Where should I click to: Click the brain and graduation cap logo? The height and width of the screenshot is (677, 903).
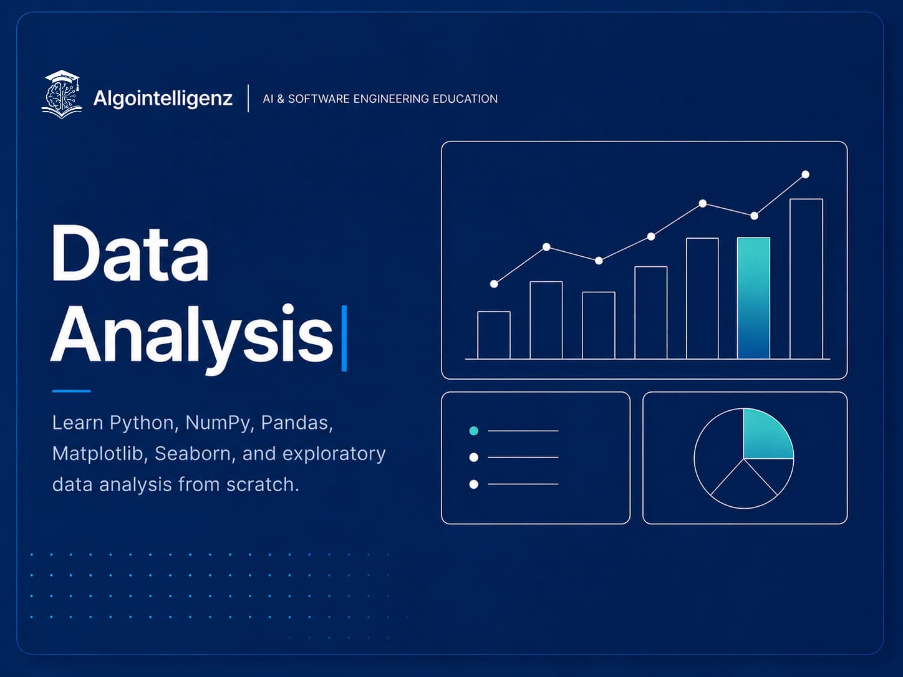click(62, 94)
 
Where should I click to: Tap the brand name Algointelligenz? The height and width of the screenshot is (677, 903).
click(163, 99)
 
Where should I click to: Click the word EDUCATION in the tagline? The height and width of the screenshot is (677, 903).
click(465, 99)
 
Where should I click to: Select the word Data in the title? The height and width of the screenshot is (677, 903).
click(130, 253)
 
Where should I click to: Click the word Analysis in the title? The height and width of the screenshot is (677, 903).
click(191, 338)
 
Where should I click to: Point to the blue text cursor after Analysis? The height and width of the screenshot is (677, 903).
click(344, 338)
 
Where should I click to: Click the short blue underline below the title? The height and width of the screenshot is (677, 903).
click(71, 391)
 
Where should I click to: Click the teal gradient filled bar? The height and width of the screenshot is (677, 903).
click(754, 298)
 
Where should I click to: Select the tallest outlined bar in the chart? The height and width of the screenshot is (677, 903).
click(806, 279)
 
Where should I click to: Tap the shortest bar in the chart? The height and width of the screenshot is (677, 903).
click(494, 335)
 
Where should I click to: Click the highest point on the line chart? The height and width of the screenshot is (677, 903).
click(806, 175)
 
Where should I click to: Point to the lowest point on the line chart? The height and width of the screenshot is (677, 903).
click(494, 284)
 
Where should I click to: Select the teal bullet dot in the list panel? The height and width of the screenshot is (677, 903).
click(473, 431)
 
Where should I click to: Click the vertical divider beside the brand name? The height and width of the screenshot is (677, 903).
click(248, 98)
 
